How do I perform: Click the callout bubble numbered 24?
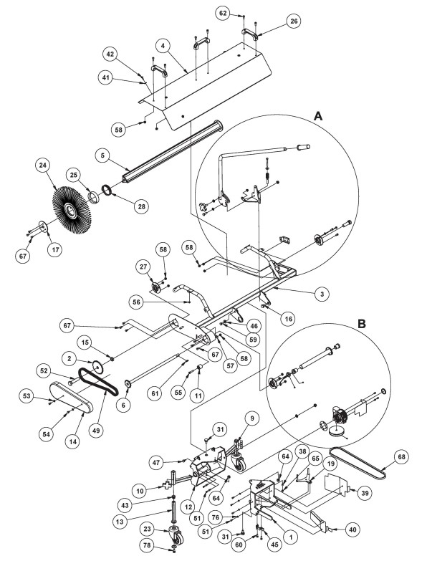click(x=43, y=166)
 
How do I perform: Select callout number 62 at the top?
click(x=223, y=14)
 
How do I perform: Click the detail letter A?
click(x=317, y=116)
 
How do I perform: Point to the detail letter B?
click(x=362, y=324)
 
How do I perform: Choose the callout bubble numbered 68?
click(x=401, y=457)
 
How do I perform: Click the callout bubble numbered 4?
click(x=163, y=46)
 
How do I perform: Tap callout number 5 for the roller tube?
click(x=102, y=156)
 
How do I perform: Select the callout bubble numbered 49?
click(x=96, y=431)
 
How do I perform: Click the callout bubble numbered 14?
click(x=73, y=442)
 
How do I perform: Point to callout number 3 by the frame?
click(x=322, y=294)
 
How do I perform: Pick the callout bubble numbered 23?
click(x=148, y=529)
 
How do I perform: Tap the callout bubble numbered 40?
click(x=352, y=529)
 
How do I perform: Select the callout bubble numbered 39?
click(x=365, y=493)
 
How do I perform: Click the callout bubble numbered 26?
click(x=294, y=21)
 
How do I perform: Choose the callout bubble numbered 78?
click(x=148, y=546)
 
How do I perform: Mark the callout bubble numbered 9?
click(x=252, y=418)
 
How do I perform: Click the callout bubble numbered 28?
click(x=142, y=206)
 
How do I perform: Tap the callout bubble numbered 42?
click(x=110, y=54)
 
